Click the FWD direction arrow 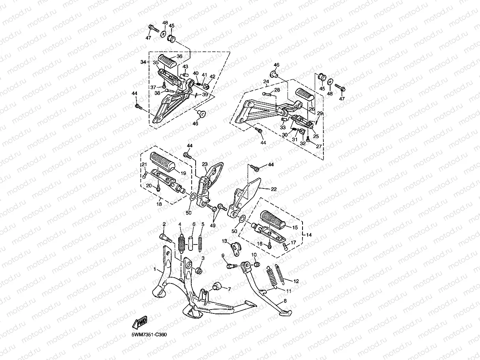(140, 322)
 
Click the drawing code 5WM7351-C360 (149, 335)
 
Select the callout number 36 (179, 56)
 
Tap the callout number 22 (274, 189)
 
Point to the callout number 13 (224, 241)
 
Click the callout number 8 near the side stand (285, 301)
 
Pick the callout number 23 (205, 164)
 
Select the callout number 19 (183, 173)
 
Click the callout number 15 (295, 228)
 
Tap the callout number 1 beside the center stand (155, 269)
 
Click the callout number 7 (230, 289)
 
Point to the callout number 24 (266, 82)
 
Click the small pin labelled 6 (191, 243)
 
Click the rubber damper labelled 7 (217, 286)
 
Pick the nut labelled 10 (257, 265)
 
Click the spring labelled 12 (280, 274)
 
